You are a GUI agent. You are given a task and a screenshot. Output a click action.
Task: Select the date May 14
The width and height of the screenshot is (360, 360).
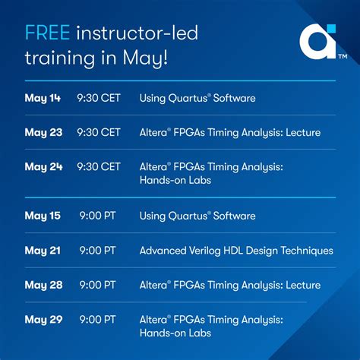click(x=43, y=98)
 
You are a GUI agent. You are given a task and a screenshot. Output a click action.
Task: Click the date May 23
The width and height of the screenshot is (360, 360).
click(x=43, y=132)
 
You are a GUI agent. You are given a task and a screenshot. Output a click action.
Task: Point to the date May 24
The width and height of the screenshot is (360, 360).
click(x=43, y=166)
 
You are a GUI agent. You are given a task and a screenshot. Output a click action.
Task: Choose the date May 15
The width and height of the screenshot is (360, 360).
click(x=43, y=216)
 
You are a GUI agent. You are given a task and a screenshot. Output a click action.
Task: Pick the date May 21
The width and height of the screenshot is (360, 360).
click(x=42, y=250)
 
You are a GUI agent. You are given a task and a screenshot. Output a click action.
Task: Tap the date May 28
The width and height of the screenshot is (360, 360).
click(x=43, y=285)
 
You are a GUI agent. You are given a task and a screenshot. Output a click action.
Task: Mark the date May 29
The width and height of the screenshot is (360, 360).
click(x=43, y=319)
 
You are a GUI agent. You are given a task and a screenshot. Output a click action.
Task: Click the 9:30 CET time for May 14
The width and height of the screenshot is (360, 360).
click(x=99, y=98)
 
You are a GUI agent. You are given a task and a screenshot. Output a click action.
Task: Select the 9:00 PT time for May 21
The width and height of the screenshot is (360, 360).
click(x=97, y=250)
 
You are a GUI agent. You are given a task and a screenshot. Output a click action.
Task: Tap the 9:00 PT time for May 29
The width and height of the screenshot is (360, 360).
click(x=97, y=319)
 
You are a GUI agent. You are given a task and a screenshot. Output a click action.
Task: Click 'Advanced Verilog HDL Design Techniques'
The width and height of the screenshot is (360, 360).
click(x=236, y=250)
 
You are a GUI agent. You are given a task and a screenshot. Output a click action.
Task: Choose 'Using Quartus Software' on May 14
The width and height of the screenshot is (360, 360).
click(x=197, y=98)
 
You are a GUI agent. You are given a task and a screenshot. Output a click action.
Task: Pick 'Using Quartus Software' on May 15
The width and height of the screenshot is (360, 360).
click(x=197, y=216)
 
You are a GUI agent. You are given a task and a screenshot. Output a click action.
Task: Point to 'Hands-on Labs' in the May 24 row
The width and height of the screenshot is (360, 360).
click(x=174, y=180)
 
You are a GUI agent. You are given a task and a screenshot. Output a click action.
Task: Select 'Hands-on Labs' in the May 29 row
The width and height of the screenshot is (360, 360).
click(x=174, y=333)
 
